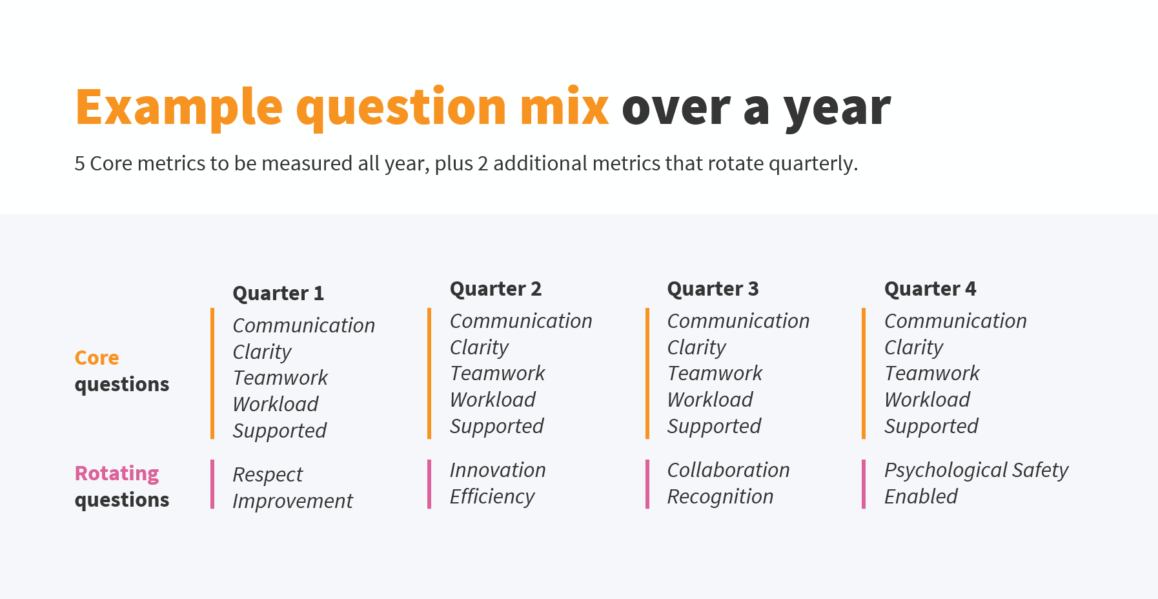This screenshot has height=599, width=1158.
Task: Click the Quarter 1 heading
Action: point(278,294)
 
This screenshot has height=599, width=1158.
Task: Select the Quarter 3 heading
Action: point(713,289)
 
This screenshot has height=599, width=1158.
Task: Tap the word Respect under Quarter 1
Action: point(267,475)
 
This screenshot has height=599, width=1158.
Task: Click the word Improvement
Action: point(292,501)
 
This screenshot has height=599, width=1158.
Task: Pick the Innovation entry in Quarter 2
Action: point(498,470)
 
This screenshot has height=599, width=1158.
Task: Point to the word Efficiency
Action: point(492,496)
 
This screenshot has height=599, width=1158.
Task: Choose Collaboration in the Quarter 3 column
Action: point(728,470)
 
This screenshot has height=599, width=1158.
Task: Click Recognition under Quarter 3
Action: point(720,496)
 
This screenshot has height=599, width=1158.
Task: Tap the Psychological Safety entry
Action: point(976,471)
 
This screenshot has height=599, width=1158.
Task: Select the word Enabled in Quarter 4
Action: point(920,496)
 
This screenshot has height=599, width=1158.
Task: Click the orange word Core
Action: point(97,358)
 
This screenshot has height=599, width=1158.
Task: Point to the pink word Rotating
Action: point(117,474)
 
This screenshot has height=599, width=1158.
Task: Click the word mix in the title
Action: point(564,107)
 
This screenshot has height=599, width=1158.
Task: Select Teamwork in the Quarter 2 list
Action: point(497,373)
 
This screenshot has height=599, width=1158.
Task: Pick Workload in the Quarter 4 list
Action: point(927,400)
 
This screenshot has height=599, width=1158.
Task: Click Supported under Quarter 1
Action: point(279,431)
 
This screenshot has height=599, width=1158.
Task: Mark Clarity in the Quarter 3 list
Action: point(696,347)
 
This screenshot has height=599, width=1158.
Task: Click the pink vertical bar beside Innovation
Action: point(429,484)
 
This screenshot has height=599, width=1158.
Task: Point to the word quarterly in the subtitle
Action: point(813,164)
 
